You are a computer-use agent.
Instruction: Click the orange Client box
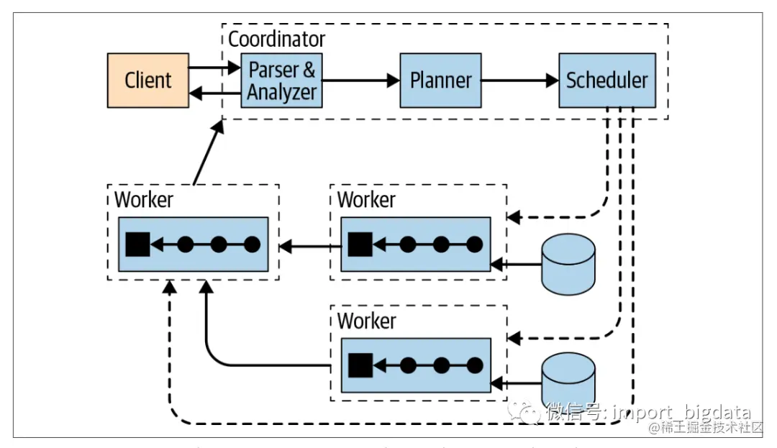[x=148, y=80]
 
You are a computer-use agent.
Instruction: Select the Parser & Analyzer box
[x=281, y=80]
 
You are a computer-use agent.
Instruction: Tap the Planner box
[x=440, y=80]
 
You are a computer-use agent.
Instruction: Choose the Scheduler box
[x=606, y=80]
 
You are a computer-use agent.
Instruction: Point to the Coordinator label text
[x=276, y=39]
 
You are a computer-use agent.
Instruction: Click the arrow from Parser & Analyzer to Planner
[x=360, y=81]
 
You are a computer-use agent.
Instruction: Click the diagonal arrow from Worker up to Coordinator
[x=206, y=152]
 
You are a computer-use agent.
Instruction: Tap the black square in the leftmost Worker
[x=137, y=244]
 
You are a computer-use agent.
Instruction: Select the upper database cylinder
[x=568, y=264]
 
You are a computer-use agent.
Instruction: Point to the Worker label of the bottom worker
[x=366, y=320]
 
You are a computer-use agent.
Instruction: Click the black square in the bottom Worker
[x=360, y=365]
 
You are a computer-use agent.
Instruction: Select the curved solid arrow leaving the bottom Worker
[x=216, y=345]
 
